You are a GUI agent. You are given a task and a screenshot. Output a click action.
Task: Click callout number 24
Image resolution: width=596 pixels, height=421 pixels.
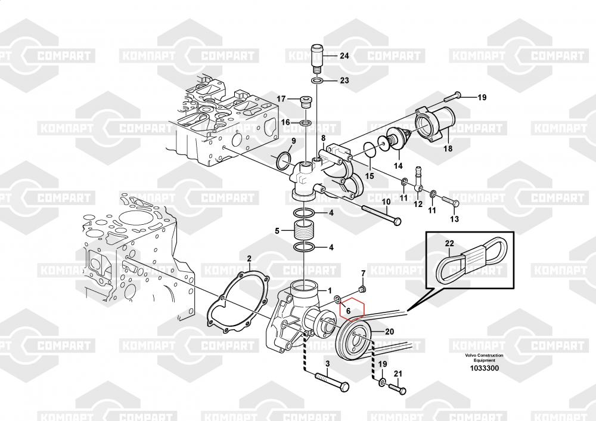pos(344,56)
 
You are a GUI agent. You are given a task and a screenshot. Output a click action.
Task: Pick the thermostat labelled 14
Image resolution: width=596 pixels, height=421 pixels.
pos(393,141)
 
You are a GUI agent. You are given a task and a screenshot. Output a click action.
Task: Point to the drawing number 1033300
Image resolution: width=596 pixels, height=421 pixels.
pos(484,369)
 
